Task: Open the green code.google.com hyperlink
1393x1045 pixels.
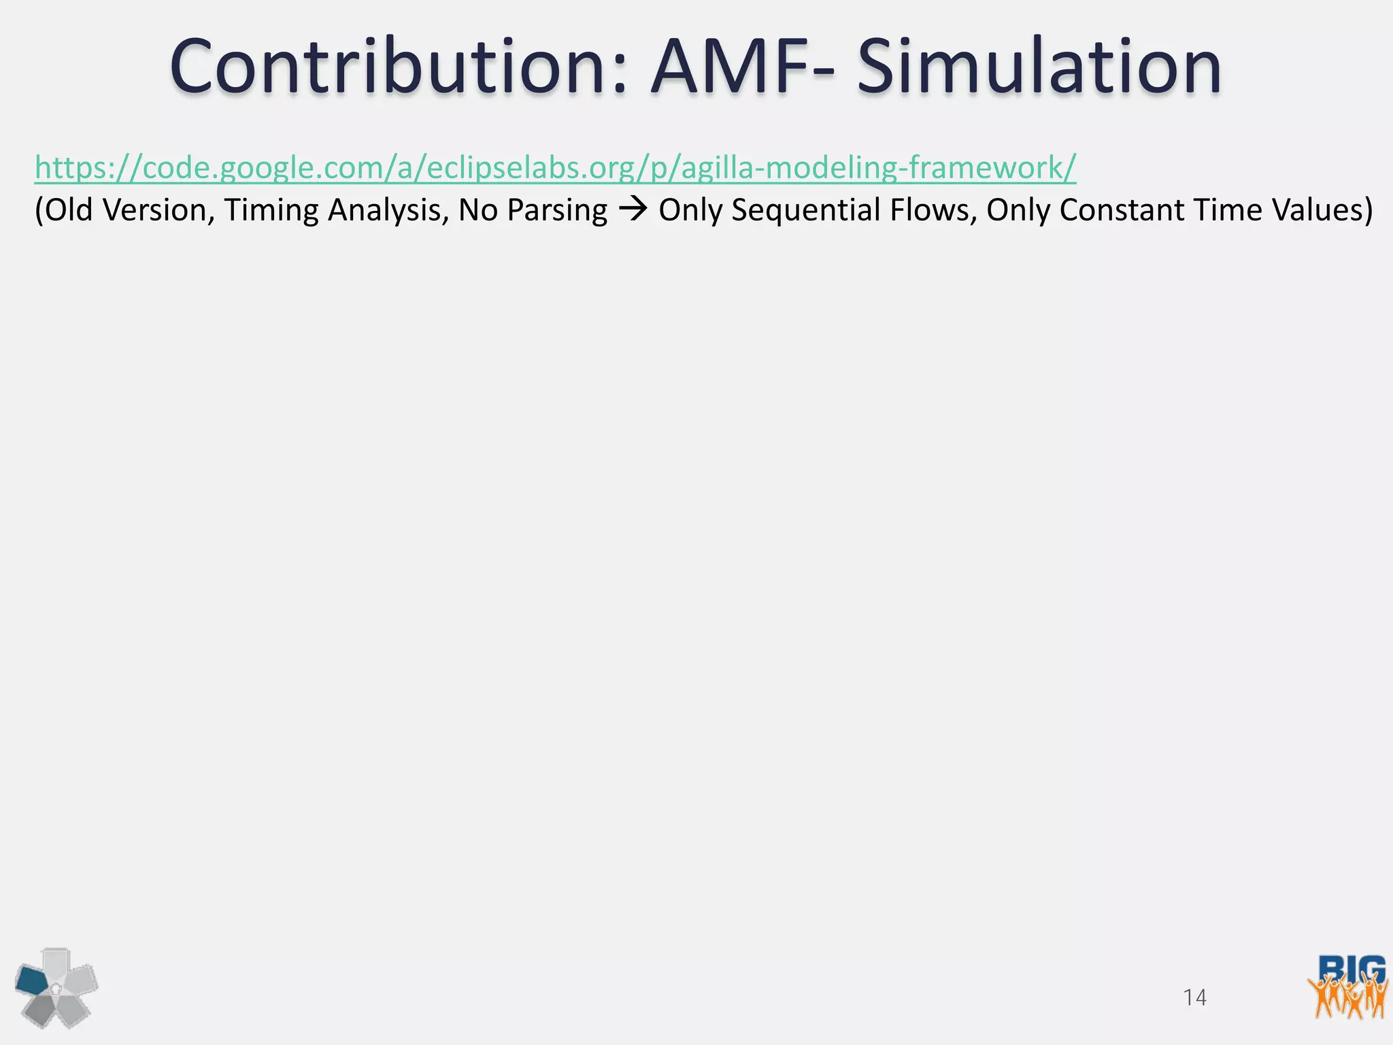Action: pos(555,167)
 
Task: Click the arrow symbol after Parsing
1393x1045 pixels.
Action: pos(633,210)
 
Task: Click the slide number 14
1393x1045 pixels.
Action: pos(1194,997)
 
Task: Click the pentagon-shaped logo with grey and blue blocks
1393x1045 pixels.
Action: pos(56,987)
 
